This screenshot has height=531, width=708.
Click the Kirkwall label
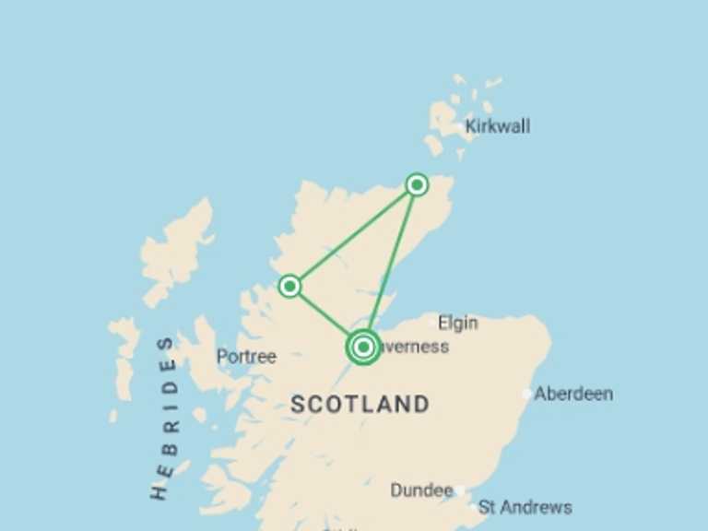[x=498, y=126]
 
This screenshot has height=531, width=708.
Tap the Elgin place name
[x=457, y=323]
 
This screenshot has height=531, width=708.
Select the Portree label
[x=246, y=356]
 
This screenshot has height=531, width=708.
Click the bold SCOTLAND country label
[x=360, y=404]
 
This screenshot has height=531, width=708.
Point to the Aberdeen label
[x=573, y=394]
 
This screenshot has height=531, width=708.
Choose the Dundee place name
[x=421, y=490]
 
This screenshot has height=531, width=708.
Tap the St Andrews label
[x=525, y=507]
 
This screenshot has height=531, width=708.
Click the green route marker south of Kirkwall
[x=417, y=185]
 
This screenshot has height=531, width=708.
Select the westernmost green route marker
[x=289, y=286]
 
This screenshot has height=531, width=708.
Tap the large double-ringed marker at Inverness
[x=363, y=348]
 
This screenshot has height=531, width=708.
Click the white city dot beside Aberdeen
[x=526, y=394]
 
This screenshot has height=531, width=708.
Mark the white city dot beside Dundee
[x=459, y=490]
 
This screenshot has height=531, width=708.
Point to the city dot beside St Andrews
[x=473, y=507]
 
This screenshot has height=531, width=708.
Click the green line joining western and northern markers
[x=353, y=235]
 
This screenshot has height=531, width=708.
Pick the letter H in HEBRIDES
[x=160, y=490]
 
